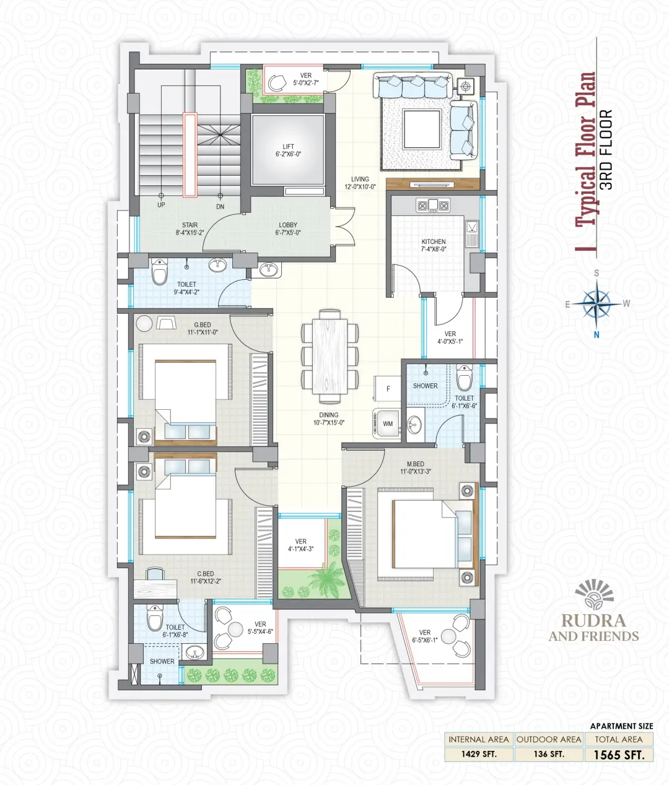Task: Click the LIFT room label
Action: click(x=289, y=147)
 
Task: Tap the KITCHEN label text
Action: click(x=434, y=241)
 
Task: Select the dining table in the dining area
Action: click(x=330, y=356)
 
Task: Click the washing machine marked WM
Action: click(x=387, y=423)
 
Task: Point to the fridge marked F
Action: click(x=387, y=389)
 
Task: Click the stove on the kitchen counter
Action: click(x=433, y=205)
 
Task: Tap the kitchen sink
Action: click(x=472, y=232)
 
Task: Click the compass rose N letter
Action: click(x=597, y=334)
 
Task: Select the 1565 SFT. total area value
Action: click(x=619, y=755)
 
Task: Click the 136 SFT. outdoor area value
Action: click(x=549, y=754)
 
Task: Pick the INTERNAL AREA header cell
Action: click(x=479, y=739)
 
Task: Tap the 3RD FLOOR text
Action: click(x=608, y=150)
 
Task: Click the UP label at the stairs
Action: click(x=161, y=205)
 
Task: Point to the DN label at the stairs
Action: click(x=220, y=207)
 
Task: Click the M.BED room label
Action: click(x=416, y=464)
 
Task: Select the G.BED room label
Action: click(x=202, y=324)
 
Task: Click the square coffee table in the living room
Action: click(x=422, y=129)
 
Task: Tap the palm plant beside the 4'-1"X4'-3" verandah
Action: click(x=327, y=579)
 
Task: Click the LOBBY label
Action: click(x=288, y=225)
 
